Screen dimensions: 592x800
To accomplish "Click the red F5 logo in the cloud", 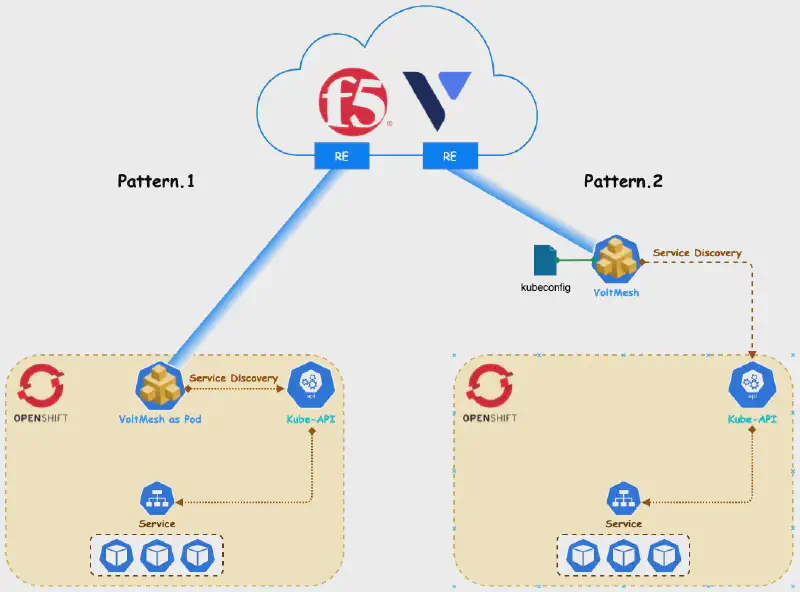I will point(355,104).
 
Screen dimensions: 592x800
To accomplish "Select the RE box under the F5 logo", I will point(341,156).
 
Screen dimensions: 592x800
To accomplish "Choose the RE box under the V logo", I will point(449,156).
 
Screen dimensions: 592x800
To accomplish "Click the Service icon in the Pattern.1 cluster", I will point(157,499).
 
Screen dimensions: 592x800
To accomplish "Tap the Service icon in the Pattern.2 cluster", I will point(624,499).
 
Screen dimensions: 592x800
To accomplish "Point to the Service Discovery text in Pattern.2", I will point(697,253).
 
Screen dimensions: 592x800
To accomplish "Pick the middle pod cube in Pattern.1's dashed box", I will point(157,554).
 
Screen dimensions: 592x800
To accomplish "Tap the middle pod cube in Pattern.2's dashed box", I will point(624,554).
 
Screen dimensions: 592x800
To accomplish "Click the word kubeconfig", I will point(546,288).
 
